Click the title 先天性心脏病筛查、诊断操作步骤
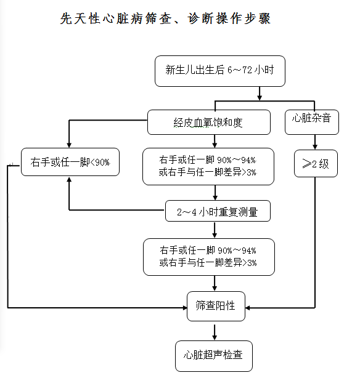(x=165, y=19)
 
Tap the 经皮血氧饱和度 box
(x=208, y=122)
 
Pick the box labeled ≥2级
(x=316, y=164)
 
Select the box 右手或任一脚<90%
(x=70, y=163)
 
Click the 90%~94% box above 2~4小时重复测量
(x=208, y=167)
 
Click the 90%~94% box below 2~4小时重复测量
(x=208, y=257)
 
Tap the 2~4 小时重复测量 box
(x=217, y=212)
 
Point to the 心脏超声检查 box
(x=214, y=356)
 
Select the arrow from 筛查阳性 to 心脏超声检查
(x=215, y=331)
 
